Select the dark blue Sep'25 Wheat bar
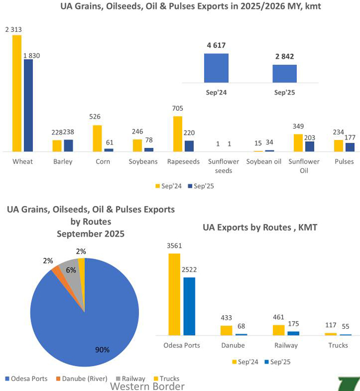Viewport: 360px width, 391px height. pyautogui.click(x=28, y=105)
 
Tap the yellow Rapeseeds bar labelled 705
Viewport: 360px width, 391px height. pyautogui.click(x=178, y=134)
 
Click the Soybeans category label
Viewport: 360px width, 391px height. pyautogui.click(x=143, y=162)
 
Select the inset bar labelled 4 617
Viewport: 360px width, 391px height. pyautogui.click(x=216, y=68)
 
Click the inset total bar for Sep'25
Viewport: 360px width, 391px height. pyautogui.click(x=285, y=74)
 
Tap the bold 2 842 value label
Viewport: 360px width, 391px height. pyautogui.click(x=285, y=56)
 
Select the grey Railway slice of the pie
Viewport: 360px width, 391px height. pyautogui.click(x=70, y=270)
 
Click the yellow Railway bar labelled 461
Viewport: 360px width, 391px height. pyautogui.click(x=279, y=330)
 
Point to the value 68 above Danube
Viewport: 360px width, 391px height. pyautogui.click(x=241, y=326)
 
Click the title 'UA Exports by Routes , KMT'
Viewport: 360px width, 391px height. pyautogui.click(x=260, y=227)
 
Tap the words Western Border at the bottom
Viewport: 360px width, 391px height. pyautogui.click(x=147, y=387)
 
